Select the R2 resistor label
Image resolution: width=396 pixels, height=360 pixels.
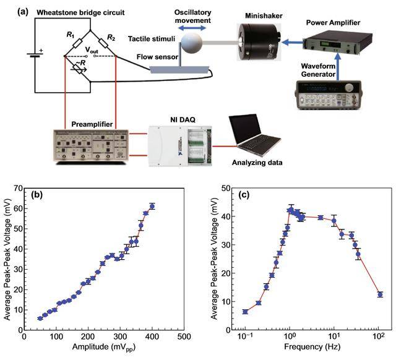(x=111, y=38)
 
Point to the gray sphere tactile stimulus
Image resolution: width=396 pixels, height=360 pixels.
(x=195, y=43)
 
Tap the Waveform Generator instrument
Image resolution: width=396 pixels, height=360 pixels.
(x=332, y=96)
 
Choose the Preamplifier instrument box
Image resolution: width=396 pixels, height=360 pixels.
(x=92, y=148)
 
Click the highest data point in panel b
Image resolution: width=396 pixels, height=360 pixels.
(x=152, y=206)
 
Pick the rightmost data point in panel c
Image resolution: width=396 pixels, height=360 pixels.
(x=380, y=294)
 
